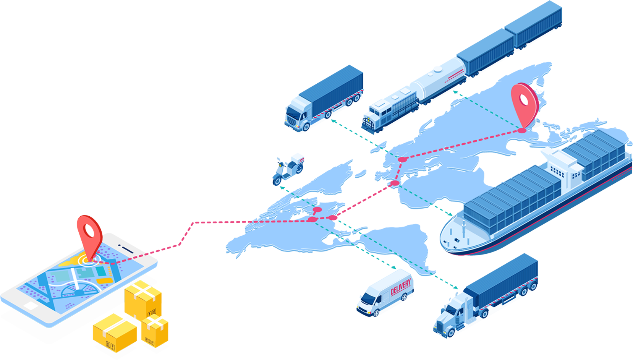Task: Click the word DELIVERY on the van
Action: tap(400, 287)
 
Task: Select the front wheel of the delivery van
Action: tap(376, 313)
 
